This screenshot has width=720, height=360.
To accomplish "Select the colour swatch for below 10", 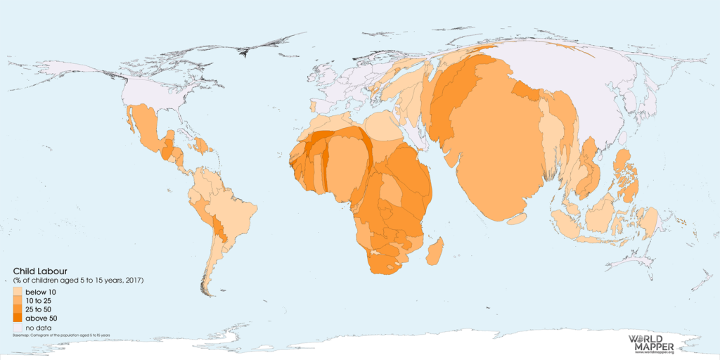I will point(18,292).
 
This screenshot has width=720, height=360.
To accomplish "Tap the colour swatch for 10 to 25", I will point(18,301).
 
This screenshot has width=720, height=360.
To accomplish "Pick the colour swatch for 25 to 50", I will point(18,310).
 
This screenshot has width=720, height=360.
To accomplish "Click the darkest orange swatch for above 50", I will point(18,319).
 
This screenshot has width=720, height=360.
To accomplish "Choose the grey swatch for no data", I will point(18,328).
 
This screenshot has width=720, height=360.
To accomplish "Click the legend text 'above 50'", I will point(41,319).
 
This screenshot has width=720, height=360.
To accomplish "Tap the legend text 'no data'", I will point(38,328).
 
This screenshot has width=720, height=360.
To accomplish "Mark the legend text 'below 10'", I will point(41,292).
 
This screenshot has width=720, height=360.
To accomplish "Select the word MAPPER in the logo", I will point(652,347).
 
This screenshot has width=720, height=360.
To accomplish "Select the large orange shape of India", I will point(492,155).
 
